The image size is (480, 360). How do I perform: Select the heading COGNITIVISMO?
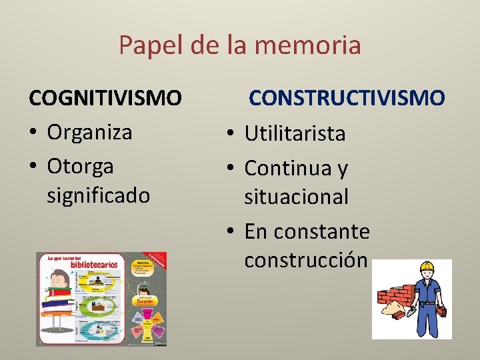(x=105, y=99)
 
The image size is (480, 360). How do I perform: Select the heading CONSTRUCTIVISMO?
(x=347, y=99)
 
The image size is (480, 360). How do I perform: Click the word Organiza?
(x=89, y=132)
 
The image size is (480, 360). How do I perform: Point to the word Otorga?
(x=80, y=165)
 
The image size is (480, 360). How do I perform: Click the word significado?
(x=99, y=195)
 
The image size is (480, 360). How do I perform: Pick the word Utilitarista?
(x=295, y=134)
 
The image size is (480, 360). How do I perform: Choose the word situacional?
(x=297, y=197)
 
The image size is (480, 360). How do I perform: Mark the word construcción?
(x=305, y=259)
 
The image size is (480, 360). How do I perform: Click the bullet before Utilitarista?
(x=228, y=134)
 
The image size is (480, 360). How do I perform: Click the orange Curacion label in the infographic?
(x=145, y=301)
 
